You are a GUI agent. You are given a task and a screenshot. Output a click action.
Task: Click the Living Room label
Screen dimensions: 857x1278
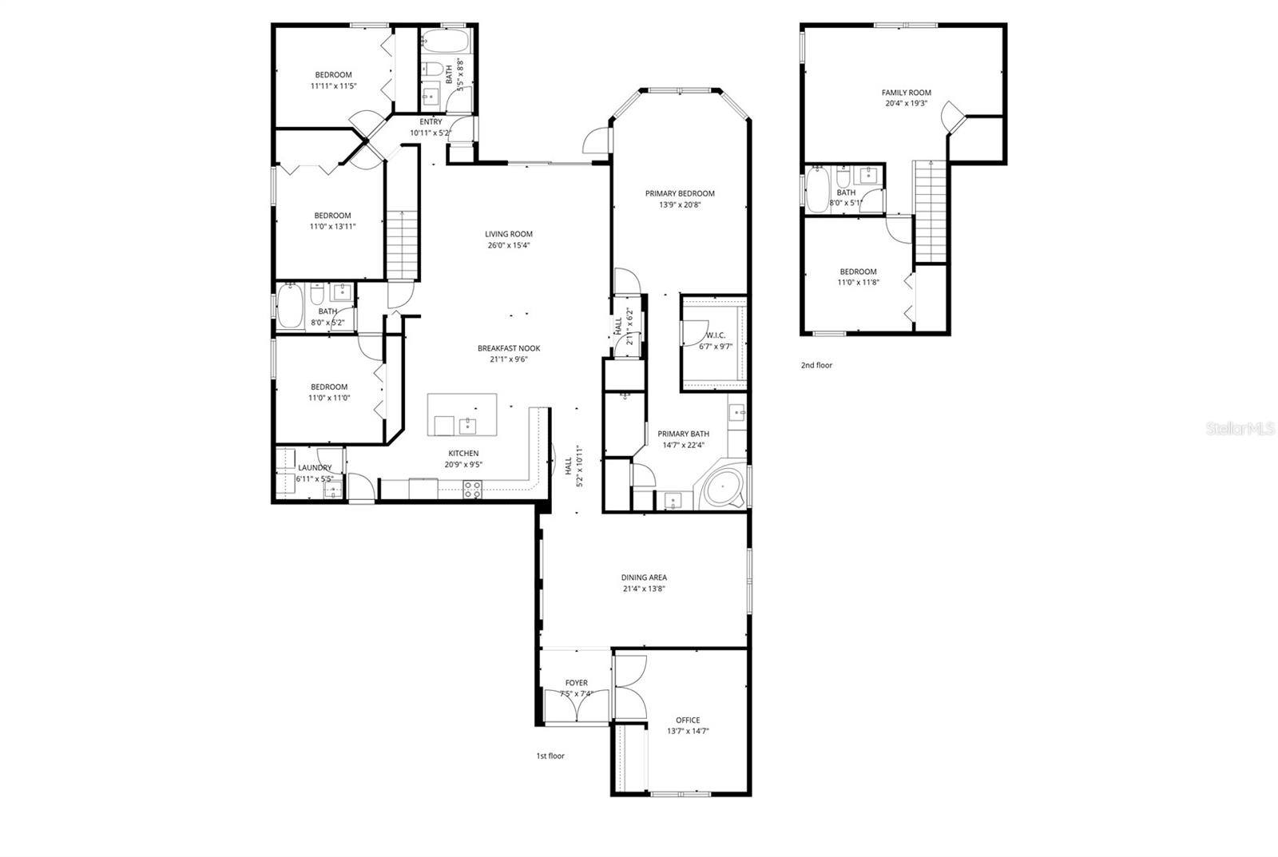[508, 234]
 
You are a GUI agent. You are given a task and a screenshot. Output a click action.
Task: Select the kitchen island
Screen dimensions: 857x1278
[462, 415]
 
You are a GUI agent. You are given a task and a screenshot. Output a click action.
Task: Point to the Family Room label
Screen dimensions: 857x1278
[907, 93]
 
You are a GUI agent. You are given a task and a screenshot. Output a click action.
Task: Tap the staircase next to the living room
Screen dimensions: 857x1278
[403, 244]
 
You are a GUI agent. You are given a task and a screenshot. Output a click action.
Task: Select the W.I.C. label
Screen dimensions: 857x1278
[716, 335]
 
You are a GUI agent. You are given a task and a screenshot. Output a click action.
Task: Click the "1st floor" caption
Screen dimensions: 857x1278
[550, 756]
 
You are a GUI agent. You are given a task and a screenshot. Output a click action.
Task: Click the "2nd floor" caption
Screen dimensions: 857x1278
[816, 365]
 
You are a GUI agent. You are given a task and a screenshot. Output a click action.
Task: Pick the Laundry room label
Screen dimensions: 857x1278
[315, 468]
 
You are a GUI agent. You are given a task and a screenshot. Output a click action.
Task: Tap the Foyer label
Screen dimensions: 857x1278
[576, 683]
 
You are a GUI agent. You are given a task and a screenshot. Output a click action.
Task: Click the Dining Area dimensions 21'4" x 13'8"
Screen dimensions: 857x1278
[644, 589]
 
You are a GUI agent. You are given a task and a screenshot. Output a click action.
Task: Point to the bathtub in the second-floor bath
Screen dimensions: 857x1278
[818, 190]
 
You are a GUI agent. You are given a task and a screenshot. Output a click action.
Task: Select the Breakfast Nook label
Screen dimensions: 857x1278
[509, 348]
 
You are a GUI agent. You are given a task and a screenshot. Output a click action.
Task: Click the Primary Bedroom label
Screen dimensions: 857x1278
[680, 193]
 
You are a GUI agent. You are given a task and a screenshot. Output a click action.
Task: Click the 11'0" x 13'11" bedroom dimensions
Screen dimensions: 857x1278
[332, 226]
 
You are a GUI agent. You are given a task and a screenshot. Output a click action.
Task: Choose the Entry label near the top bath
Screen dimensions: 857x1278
[431, 122]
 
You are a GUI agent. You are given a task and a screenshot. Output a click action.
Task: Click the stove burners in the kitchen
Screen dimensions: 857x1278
[472, 490]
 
